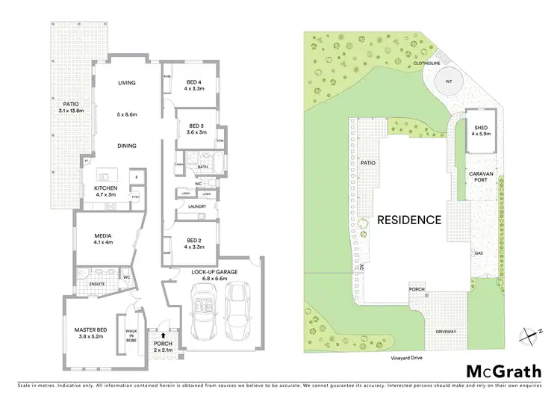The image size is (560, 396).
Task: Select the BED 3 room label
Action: (196, 125)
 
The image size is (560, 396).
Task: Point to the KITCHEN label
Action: (106, 188)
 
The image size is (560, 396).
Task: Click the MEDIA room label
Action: (102, 235)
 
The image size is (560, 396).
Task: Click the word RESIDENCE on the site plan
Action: (408, 220)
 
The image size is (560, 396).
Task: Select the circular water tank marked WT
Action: (449, 81)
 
